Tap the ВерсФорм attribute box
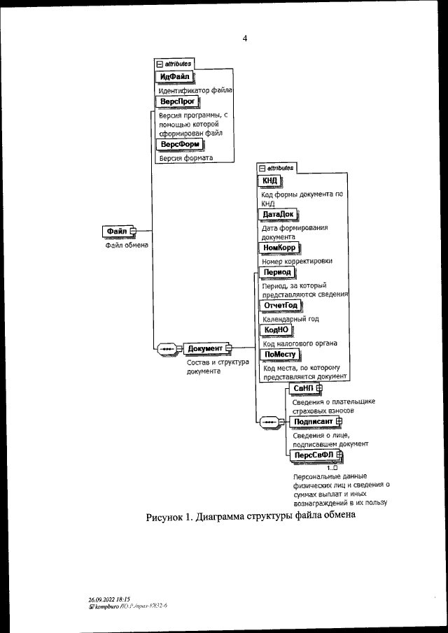[180, 144]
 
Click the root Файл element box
[116, 231]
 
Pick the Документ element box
[204, 348]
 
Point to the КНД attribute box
[270, 181]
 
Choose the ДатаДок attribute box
[276, 213]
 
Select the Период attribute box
[276, 272]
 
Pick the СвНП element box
[303, 388]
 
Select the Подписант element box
[312, 421]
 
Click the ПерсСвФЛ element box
[314, 455]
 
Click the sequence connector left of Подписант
[269, 422]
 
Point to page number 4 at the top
[245, 38]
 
